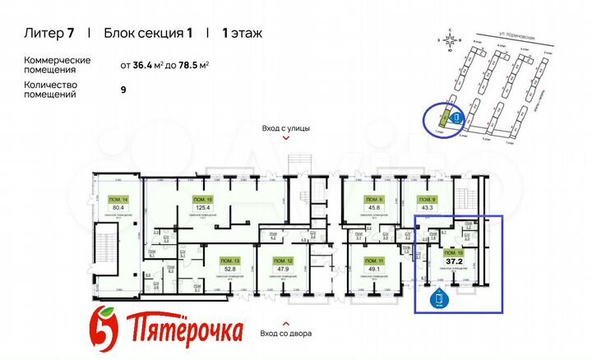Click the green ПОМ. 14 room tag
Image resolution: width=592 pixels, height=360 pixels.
[118, 199]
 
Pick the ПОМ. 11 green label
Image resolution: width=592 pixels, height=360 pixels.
[377, 259]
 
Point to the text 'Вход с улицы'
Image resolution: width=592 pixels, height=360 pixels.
[286, 129]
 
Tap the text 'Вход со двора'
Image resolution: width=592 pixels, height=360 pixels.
[286, 333]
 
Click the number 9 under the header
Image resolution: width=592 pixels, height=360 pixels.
[123, 89]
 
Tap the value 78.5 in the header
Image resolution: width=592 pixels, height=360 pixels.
[187, 64]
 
